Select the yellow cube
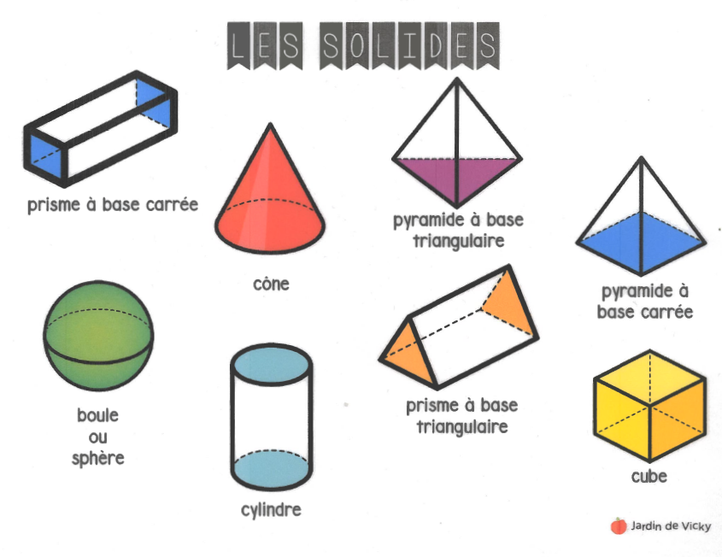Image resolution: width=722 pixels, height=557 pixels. pyautogui.click(x=649, y=405)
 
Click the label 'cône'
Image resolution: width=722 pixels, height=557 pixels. pyautogui.click(x=271, y=284)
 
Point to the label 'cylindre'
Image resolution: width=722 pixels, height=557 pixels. pyautogui.click(x=271, y=511)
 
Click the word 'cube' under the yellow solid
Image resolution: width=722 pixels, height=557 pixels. pyautogui.click(x=649, y=476)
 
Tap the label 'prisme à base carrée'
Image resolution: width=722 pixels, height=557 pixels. pyautogui.click(x=112, y=205)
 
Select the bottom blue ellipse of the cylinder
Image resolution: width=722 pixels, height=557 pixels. pyautogui.click(x=271, y=468)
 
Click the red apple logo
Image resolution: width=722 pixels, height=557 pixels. pyautogui.click(x=619, y=526)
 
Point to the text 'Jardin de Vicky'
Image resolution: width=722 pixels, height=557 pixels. pyautogui.click(x=672, y=526)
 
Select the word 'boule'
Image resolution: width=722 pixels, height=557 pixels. pyautogui.click(x=98, y=417)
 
